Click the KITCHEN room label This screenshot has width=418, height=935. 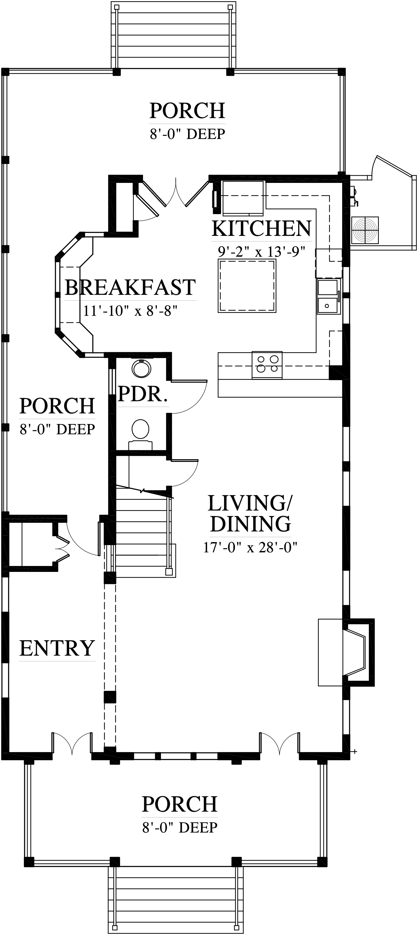261,228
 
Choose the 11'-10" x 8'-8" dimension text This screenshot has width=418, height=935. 130,311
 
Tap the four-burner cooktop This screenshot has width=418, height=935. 267,365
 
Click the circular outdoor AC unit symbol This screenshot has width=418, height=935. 365,230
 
